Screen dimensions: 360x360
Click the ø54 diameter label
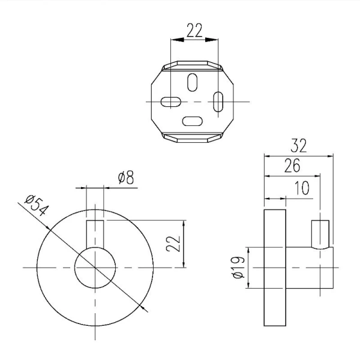(37, 205)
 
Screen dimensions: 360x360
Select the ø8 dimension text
(126, 178)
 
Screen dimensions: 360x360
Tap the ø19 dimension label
(238, 268)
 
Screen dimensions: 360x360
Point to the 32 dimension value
(298, 146)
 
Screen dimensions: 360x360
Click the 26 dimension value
(292, 166)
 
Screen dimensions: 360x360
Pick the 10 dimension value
(302, 188)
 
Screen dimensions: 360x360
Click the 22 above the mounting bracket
(194, 31)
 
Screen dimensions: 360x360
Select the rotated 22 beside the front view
(173, 244)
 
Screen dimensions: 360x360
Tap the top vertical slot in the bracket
(192, 82)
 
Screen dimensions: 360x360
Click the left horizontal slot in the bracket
(171, 102)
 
